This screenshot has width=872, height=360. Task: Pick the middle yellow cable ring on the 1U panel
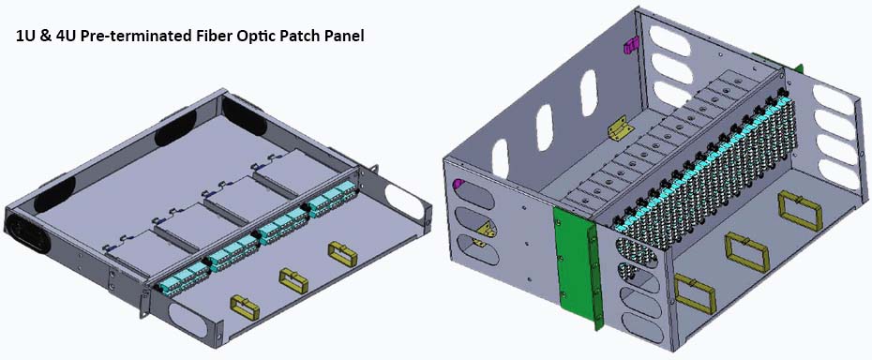tap(293, 278)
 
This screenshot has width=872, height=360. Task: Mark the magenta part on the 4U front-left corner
tap(458, 185)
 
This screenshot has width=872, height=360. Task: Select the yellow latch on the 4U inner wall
tap(618, 128)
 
